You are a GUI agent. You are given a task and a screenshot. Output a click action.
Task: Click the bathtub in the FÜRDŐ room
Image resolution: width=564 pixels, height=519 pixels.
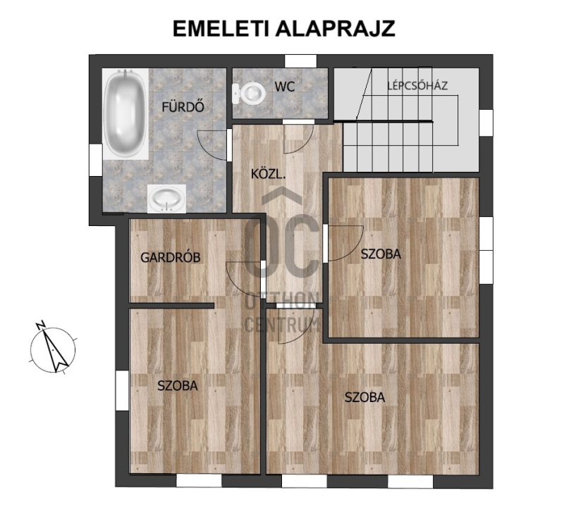(x=125, y=114)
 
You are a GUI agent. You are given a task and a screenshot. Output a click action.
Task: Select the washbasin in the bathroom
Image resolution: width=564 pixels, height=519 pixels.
(x=166, y=199)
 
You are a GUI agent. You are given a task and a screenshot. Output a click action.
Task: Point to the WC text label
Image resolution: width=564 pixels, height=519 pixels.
(x=285, y=87)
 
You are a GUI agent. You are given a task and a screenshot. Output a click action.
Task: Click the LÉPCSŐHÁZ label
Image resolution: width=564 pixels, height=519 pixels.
(x=417, y=85)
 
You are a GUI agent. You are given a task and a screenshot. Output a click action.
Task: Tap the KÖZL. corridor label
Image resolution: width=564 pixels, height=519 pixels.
(x=268, y=175)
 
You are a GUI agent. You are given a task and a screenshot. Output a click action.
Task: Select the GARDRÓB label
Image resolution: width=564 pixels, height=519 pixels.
(x=170, y=258)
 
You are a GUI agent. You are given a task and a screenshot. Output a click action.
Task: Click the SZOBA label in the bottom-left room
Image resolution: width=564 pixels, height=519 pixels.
(x=178, y=385)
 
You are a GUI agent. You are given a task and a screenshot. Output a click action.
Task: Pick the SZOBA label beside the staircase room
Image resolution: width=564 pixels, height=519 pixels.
(x=381, y=254)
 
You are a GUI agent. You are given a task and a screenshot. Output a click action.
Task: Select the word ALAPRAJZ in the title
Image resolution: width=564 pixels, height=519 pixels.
(x=336, y=28)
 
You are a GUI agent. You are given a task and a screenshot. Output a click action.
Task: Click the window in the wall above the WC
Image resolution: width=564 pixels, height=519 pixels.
(x=301, y=61)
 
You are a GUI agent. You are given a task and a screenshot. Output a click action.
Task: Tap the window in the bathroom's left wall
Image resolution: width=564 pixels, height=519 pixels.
(x=95, y=160)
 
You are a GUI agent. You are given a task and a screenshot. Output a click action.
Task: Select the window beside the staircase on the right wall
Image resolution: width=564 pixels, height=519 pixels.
(x=486, y=123)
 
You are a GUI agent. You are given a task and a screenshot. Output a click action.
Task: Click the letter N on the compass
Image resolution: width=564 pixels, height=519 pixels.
(x=40, y=325)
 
